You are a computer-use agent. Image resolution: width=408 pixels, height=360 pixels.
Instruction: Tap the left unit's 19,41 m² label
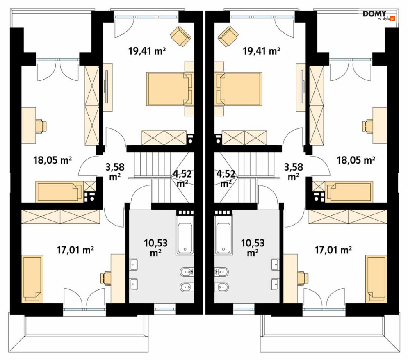pyautogui.click(x=147, y=51)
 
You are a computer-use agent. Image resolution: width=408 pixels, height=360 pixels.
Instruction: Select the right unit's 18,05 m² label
pyautogui.click(x=356, y=160)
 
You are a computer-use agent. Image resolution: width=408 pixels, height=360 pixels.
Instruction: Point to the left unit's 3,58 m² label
pyautogui.click(x=115, y=171)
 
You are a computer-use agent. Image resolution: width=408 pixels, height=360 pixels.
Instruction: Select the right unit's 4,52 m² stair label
pyautogui.click(x=226, y=178)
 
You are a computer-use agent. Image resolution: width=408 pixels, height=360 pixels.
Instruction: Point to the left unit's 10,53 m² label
pyautogui.click(x=155, y=248)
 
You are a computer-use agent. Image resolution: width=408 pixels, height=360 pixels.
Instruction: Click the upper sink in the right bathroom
pyautogui.click(x=275, y=264)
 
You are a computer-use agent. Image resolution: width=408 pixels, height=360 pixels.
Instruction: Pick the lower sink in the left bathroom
pyautogui.click(x=134, y=284)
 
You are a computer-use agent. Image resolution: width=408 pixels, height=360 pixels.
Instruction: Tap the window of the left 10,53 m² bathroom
pyautogui.click(x=165, y=309)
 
